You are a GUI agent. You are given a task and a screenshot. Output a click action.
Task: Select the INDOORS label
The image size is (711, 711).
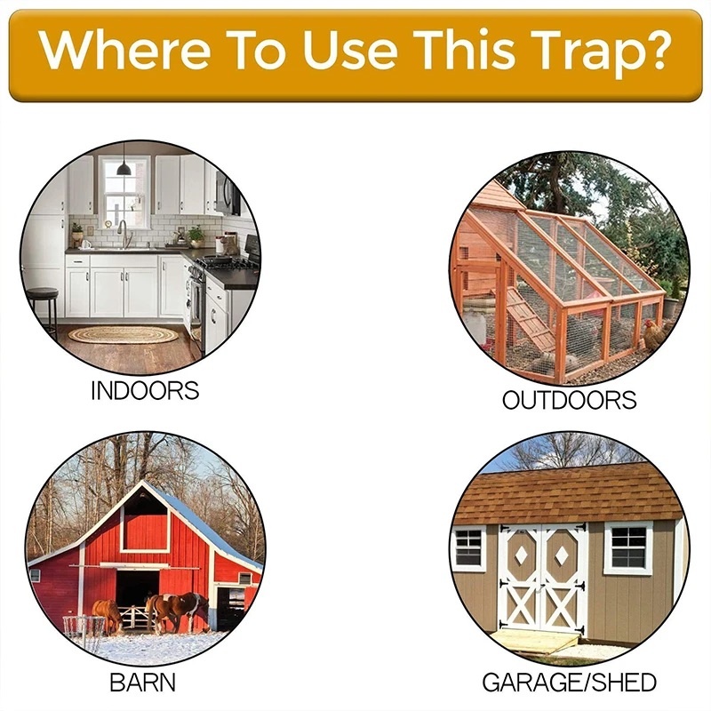tap(145, 390)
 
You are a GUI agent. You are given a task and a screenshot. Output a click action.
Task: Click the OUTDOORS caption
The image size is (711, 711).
tap(570, 400)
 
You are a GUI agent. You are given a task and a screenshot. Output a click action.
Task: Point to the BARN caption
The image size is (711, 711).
tap(142, 683)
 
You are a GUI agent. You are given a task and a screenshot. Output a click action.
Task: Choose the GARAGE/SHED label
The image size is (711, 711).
tap(569, 683)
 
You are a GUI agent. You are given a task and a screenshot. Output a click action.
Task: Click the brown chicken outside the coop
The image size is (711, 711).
tap(653, 336)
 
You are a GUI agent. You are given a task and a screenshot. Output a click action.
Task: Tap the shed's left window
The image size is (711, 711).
tap(468, 548)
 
